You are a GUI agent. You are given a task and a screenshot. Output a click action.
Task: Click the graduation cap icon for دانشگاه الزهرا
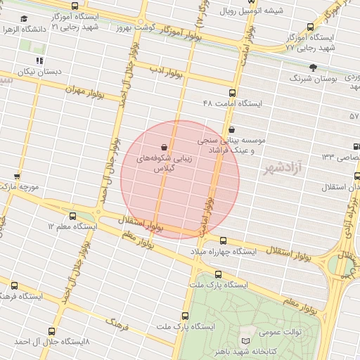(x=25, y=19)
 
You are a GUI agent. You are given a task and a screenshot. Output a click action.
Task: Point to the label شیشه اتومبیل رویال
(x=252, y=11)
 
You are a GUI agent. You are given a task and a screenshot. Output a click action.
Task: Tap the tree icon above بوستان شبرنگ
(x=313, y=68)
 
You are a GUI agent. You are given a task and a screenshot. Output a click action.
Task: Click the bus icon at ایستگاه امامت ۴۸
(x=232, y=93)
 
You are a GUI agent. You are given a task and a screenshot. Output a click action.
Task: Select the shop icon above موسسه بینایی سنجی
(x=231, y=129)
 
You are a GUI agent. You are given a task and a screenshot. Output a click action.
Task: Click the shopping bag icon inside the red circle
(x=164, y=147)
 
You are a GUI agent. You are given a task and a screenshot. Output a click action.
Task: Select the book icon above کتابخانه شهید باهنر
(x=245, y=341)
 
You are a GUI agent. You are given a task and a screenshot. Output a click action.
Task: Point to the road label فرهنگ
(x=116, y=323)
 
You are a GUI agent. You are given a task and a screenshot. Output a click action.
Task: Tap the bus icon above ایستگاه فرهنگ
(x=15, y=285)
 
